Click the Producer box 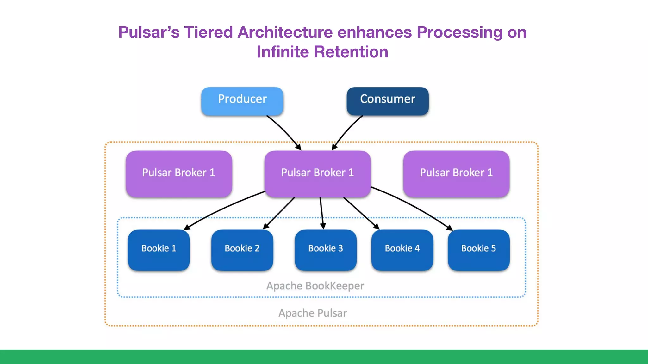pyautogui.click(x=242, y=101)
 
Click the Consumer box pyautogui.click(x=387, y=101)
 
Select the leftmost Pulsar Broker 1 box pyautogui.click(x=179, y=173)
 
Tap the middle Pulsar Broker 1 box pyautogui.click(x=317, y=173)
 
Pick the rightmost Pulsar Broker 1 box pyautogui.click(x=456, y=173)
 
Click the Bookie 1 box pyautogui.click(x=159, y=250)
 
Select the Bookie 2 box pyautogui.click(x=242, y=250)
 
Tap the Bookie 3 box pyautogui.click(x=326, y=250)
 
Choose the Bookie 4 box pyautogui.click(x=402, y=250)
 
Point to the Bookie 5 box pyautogui.click(x=478, y=250)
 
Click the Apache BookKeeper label pyautogui.click(x=315, y=286)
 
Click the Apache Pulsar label pyautogui.click(x=313, y=313)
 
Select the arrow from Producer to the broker pyautogui.click(x=285, y=131)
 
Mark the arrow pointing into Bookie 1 pyautogui.click(x=221, y=208)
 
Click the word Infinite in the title pyautogui.click(x=283, y=52)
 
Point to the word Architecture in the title pyautogui.click(x=285, y=32)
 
